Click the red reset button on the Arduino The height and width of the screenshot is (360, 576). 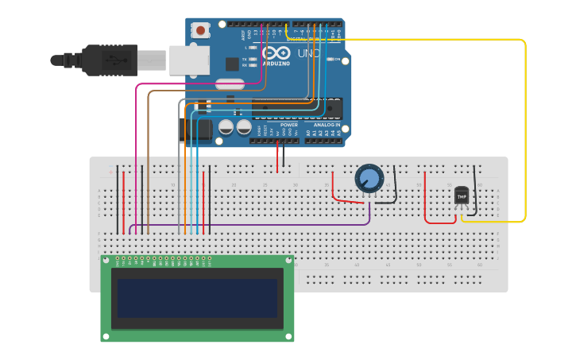pos(201,30)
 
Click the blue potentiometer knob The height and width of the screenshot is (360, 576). pos(369,178)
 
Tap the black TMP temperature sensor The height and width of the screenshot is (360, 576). pos(462,195)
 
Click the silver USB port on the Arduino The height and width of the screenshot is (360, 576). pos(189,60)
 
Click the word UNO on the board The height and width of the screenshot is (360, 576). pos(307,53)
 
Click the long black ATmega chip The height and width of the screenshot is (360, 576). pos(297,109)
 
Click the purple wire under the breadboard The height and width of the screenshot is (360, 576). pos(254,225)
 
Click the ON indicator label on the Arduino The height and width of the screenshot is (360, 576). pos(337,60)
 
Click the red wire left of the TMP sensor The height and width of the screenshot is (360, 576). pos(425,199)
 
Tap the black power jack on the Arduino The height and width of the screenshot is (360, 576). pos(199,130)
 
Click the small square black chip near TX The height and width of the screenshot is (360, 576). pos(232,64)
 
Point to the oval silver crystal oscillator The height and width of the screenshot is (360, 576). pos(230,84)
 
